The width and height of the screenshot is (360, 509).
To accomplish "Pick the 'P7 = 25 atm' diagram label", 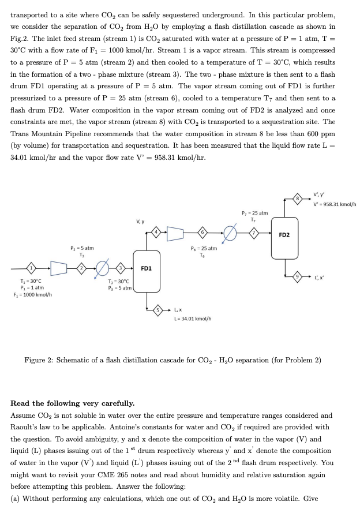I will click(254, 214).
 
